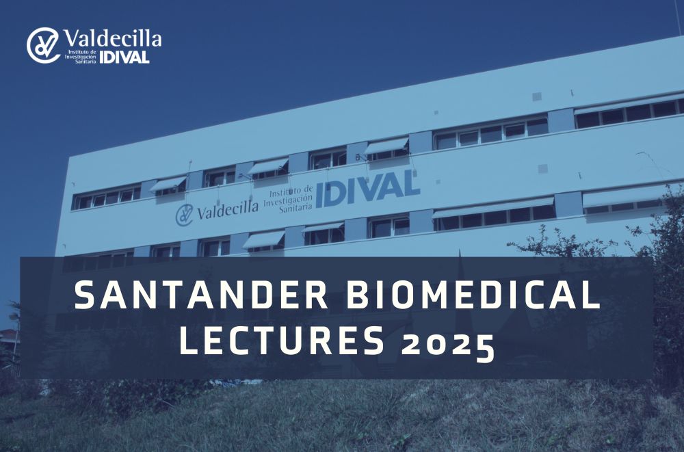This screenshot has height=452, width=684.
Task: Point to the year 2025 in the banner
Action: (449, 346)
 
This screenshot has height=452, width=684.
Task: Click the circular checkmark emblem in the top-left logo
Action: (43, 45)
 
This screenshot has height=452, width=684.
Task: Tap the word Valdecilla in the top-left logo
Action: (113, 38)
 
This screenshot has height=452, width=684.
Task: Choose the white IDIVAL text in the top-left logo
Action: (124, 57)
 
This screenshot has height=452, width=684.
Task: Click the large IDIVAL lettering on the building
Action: (368, 189)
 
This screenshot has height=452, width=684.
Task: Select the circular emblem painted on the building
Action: (184, 215)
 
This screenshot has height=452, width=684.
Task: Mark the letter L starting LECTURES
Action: (189, 340)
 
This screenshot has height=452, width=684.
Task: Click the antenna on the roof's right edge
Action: (679, 18)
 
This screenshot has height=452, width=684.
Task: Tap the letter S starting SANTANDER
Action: (84, 295)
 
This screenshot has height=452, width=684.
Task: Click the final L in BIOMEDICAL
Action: (592, 295)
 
